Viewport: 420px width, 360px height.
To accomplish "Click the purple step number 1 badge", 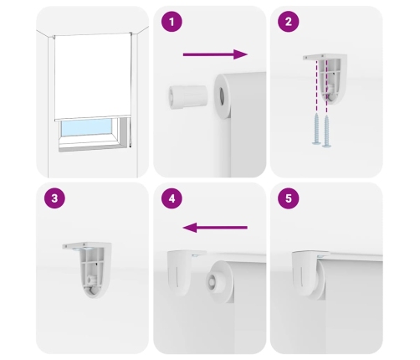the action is [172, 22].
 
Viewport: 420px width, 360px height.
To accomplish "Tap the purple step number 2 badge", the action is [289, 22].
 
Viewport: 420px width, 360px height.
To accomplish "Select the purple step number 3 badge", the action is [54, 198].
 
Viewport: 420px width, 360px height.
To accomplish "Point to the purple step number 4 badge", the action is [172, 198].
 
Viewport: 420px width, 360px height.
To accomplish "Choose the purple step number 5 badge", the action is [289, 198].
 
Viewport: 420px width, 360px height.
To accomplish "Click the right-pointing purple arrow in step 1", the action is [215, 54].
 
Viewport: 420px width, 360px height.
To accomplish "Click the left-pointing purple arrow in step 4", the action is [215, 228].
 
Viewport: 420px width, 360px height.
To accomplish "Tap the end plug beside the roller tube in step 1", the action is [188, 96].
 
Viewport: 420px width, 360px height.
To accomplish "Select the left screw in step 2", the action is [316, 129].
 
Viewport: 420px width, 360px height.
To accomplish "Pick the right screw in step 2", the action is [327, 131].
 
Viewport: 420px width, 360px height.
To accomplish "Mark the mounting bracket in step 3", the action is [88, 270].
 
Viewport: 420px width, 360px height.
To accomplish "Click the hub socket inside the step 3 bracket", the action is [91, 280].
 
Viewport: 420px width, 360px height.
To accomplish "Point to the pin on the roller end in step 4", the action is [212, 280].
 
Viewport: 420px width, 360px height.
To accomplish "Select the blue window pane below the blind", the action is [86, 127].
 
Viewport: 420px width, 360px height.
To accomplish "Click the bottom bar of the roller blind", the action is [93, 118].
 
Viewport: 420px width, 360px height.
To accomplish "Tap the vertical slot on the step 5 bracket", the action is [302, 276].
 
